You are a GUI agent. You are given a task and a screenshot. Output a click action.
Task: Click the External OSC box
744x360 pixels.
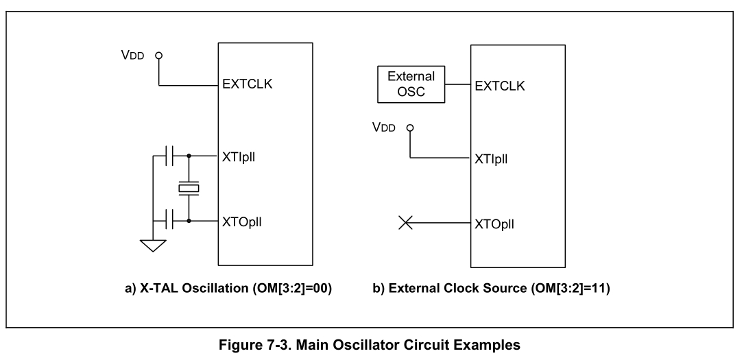[411, 84]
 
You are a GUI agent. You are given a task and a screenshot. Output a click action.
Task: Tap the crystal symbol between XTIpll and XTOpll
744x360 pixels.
[188, 187]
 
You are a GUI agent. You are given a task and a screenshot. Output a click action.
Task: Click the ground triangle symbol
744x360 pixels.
[153, 244]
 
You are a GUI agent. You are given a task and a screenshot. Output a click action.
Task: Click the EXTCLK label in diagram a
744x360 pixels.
[248, 86]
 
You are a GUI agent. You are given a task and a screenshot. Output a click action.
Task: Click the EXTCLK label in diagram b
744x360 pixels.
[500, 86]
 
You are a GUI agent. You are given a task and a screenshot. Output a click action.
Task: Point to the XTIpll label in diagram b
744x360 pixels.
[495, 158]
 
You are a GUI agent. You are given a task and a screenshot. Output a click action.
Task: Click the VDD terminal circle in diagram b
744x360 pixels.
[410, 128]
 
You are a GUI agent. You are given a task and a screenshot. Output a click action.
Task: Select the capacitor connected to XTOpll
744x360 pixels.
[172, 221]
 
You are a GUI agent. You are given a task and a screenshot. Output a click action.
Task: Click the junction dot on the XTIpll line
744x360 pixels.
[189, 156]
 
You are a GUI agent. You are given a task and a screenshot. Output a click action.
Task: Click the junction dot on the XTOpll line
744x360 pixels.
[189, 221]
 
